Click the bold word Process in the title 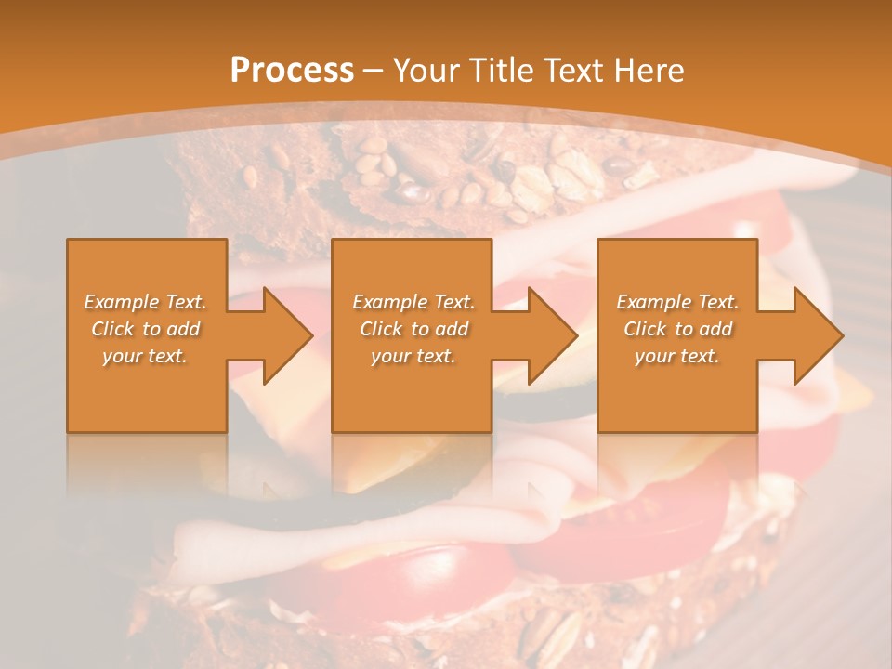[292, 71]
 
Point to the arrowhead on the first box [288, 335]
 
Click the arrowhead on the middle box [553, 335]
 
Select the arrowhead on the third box [819, 335]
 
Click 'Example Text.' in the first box [145, 302]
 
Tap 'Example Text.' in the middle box [413, 302]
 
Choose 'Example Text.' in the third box [677, 302]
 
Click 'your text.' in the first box [145, 356]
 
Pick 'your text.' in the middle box [413, 356]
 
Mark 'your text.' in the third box [677, 356]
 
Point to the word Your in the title [424, 71]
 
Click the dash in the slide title [373, 71]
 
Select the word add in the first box [184, 329]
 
